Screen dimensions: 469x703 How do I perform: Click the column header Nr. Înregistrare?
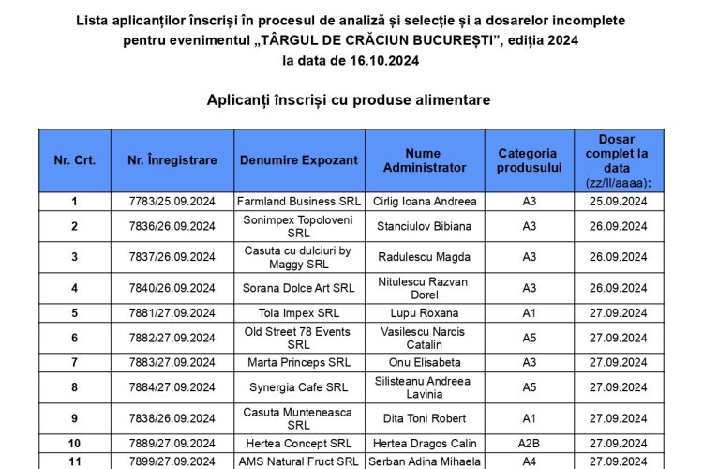[x=172, y=160]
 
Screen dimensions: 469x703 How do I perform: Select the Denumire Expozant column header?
[x=298, y=160]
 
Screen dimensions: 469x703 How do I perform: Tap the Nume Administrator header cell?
[x=424, y=160]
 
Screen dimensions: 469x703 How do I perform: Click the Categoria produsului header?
[x=528, y=160]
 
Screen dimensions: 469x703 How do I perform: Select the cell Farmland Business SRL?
[x=298, y=201]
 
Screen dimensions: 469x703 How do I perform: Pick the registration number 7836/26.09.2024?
[x=172, y=226]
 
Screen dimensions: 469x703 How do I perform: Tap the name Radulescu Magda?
[x=424, y=257]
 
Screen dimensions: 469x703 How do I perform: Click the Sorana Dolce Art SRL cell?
[x=298, y=288]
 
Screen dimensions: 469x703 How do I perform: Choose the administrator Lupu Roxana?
[x=424, y=313]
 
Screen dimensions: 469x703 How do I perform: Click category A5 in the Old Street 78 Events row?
[x=529, y=338]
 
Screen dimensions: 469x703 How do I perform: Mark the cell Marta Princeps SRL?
[x=298, y=362]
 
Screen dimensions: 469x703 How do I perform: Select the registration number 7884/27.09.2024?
[x=172, y=387]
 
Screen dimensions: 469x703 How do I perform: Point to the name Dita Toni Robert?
[x=424, y=418]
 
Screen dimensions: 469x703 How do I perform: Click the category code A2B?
[x=529, y=444]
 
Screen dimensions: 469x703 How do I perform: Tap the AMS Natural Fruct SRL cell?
[x=298, y=461]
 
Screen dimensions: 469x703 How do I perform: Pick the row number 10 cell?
[x=75, y=444]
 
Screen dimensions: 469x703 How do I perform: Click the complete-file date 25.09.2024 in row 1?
[x=618, y=201]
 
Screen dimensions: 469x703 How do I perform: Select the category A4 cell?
[x=529, y=461]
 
